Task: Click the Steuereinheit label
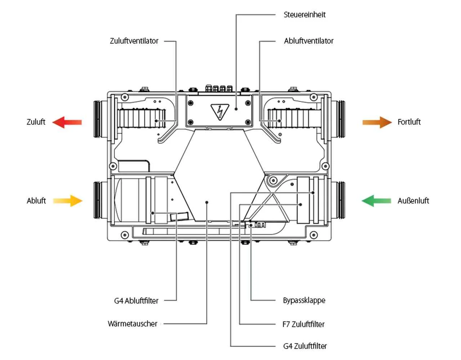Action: pyautogui.click(x=304, y=15)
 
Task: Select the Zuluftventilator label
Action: pyautogui.click(x=134, y=41)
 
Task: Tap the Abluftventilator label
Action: pyautogui.click(x=309, y=41)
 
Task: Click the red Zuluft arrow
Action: pyautogui.click(x=67, y=122)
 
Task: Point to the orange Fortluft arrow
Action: pyautogui.click(x=377, y=122)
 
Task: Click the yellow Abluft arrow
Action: pyautogui.click(x=68, y=201)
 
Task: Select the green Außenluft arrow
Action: pyautogui.click(x=376, y=201)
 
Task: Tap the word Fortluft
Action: pyautogui.click(x=409, y=122)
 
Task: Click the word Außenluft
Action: pyautogui.click(x=413, y=201)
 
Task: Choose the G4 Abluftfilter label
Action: pyautogui.click(x=136, y=301)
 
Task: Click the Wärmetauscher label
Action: pyautogui.click(x=133, y=324)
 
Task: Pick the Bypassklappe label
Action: pyautogui.click(x=304, y=300)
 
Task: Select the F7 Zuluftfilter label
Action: pyautogui.click(x=303, y=324)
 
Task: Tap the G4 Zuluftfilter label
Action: pyautogui.click(x=305, y=346)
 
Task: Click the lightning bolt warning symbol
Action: pyautogui.click(x=218, y=111)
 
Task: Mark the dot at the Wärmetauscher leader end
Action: pyautogui.click(x=207, y=202)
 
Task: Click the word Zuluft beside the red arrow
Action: pyautogui.click(x=36, y=122)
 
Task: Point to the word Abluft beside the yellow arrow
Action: pyautogui.click(x=36, y=201)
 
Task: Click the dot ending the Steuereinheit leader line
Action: pyautogui.click(x=236, y=108)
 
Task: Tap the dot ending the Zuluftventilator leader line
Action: pyautogui.click(x=156, y=121)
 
